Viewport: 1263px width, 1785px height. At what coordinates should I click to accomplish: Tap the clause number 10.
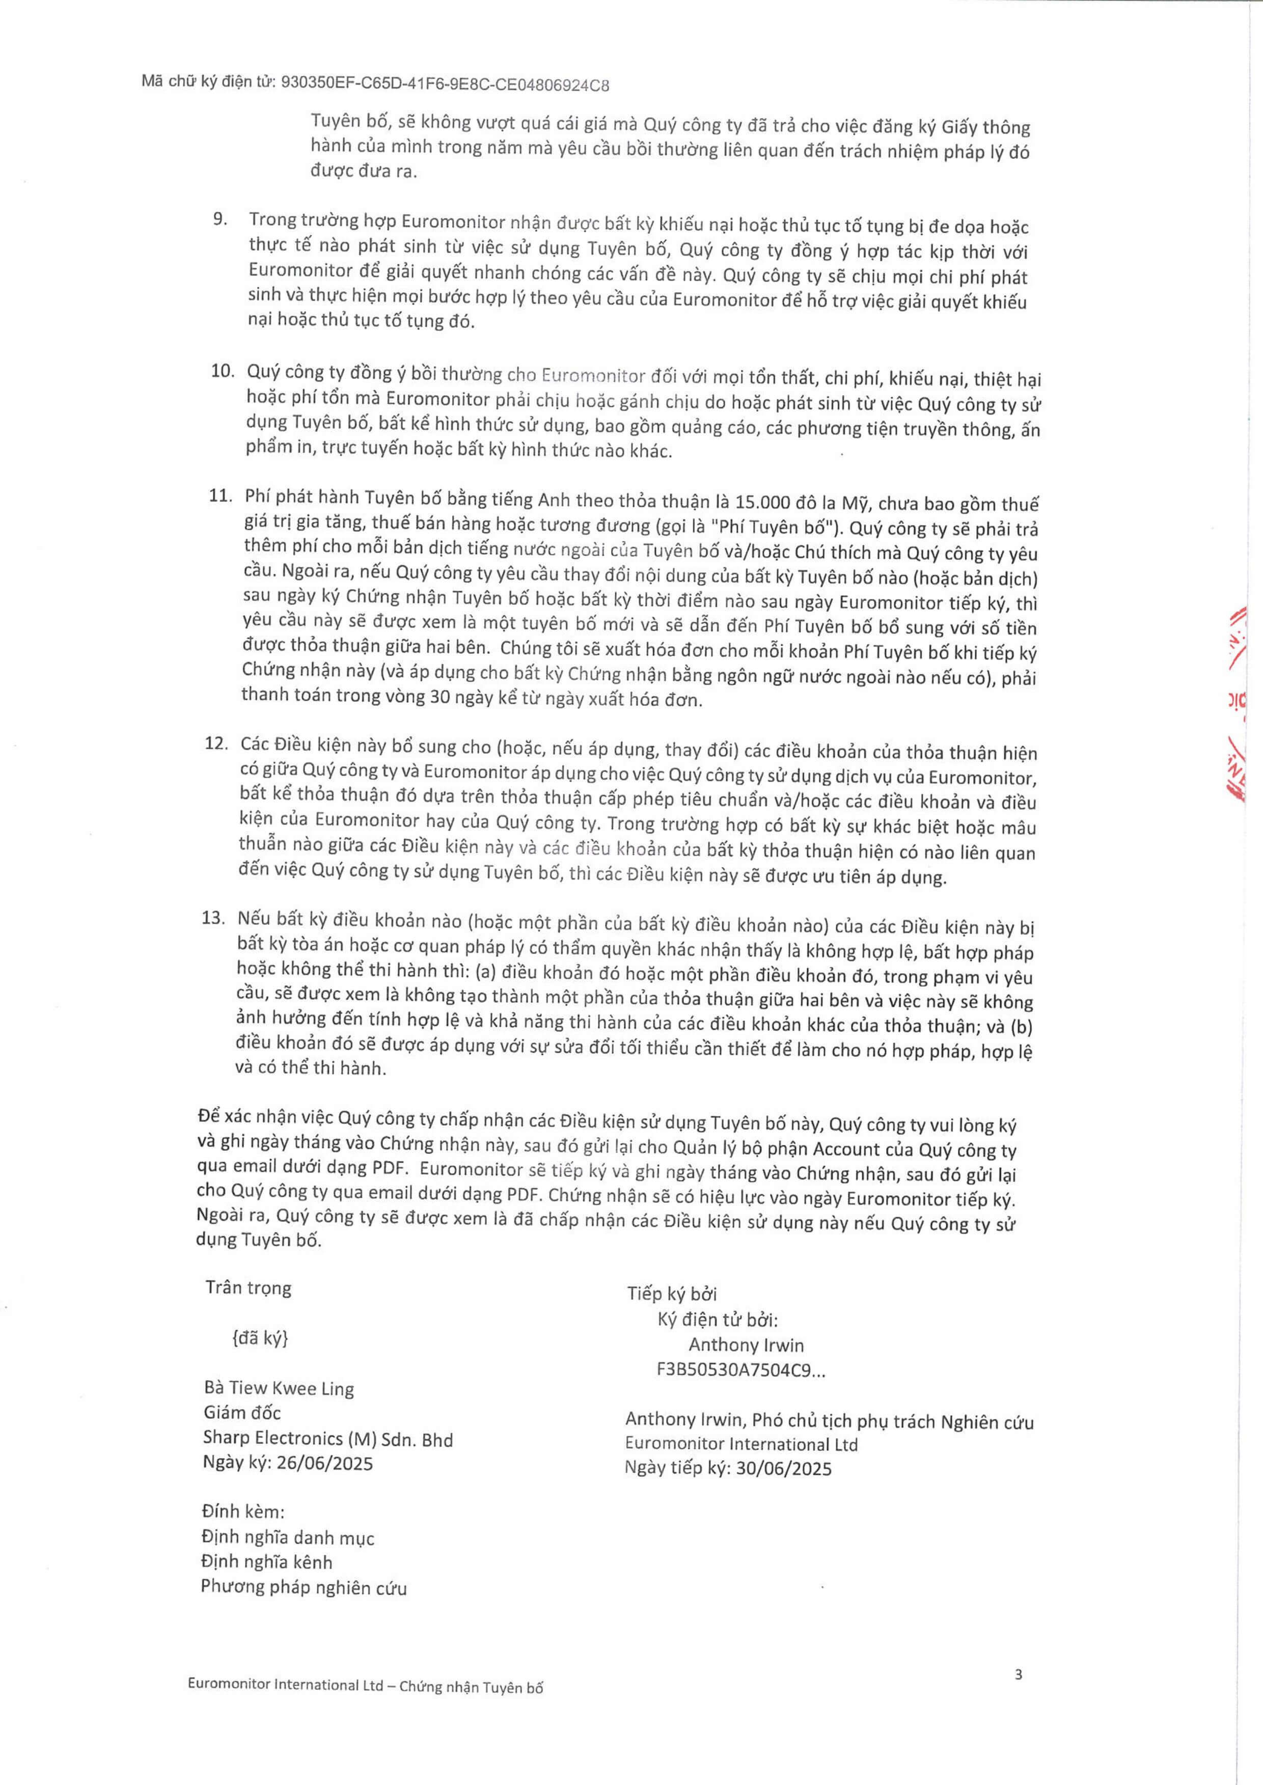(x=223, y=371)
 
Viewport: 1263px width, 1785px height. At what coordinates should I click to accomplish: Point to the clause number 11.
(x=221, y=496)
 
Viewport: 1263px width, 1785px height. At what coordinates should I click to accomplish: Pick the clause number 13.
(x=213, y=918)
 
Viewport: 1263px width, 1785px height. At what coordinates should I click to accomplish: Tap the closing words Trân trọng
(x=248, y=1288)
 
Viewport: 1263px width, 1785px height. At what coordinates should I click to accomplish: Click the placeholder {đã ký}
(x=260, y=1338)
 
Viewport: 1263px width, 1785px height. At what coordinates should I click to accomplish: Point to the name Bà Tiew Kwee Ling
(x=279, y=1388)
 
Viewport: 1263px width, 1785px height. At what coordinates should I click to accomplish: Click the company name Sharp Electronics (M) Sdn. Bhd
(x=327, y=1439)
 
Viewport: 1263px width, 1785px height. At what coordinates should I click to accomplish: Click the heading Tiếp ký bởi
(x=672, y=1294)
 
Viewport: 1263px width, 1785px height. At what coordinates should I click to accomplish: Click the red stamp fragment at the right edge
(x=1237, y=700)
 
